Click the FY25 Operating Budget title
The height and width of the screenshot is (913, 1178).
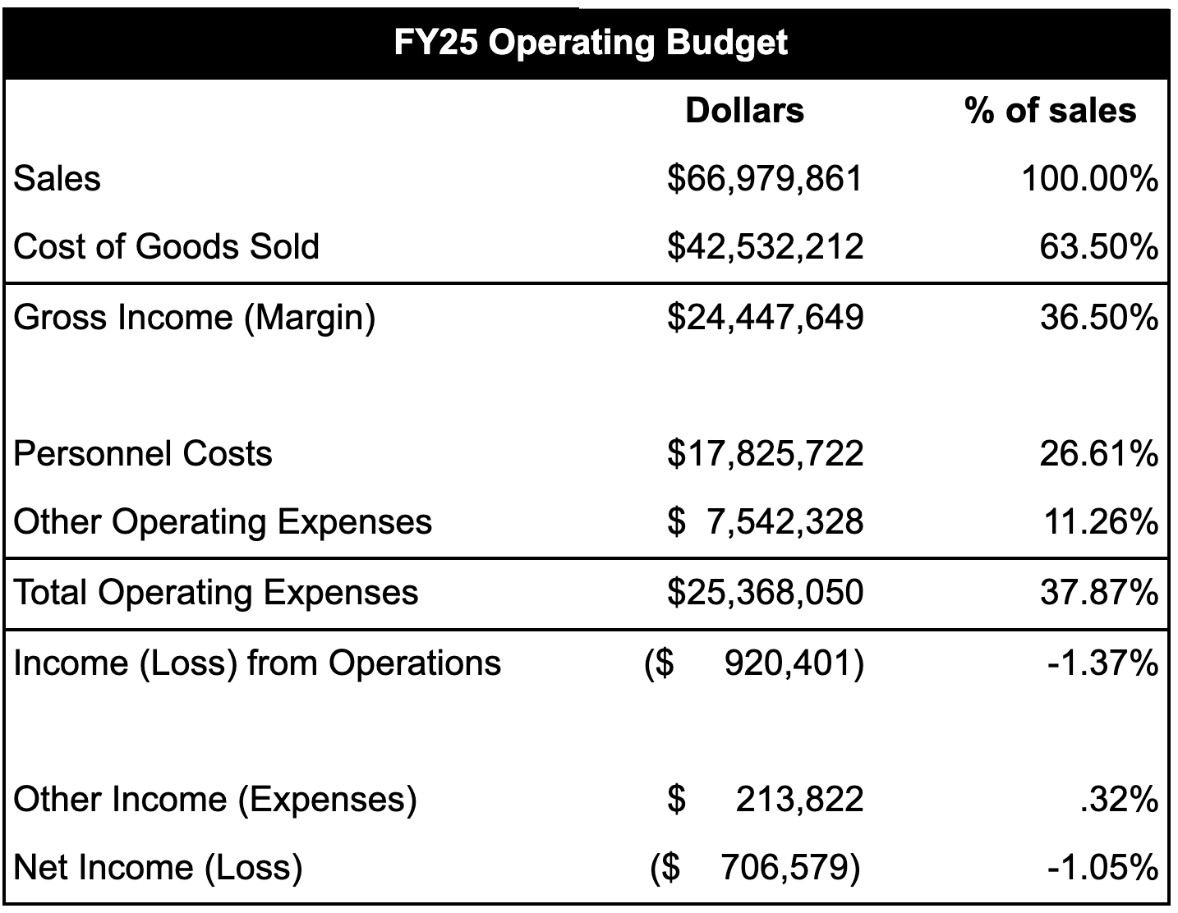(590, 42)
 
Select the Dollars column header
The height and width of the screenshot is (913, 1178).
(744, 111)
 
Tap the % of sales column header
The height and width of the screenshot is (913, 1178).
(1050, 111)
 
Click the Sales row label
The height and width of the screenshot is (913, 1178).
(58, 179)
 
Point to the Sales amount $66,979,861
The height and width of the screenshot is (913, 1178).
(765, 179)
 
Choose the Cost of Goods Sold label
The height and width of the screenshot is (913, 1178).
(167, 247)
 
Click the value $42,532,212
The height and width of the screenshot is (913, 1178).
(765, 247)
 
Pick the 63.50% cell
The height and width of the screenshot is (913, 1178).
(1098, 247)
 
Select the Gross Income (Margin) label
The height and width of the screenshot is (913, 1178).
(195, 318)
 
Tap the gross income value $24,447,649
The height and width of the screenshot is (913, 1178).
(765, 318)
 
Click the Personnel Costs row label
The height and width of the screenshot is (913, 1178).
(143, 454)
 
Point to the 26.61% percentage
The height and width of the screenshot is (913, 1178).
(1098, 454)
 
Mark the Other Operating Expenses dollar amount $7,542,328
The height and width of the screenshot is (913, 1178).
(765, 522)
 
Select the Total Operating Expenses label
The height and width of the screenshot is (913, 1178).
(216, 593)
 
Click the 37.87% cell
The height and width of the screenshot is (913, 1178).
(1098, 593)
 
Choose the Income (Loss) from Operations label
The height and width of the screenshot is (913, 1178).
(257, 663)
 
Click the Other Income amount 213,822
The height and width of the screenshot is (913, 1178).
(798, 799)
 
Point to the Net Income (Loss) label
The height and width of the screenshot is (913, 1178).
(159, 868)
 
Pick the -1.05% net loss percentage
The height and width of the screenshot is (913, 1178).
(1102, 868)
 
